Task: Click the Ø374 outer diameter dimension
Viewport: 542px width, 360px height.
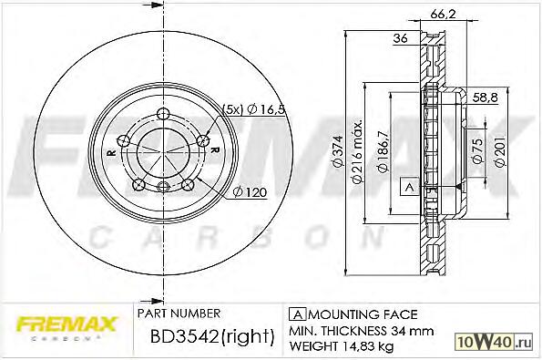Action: click(x=338, y=152)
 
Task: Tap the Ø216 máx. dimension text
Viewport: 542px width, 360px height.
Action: click(x=357, y=151)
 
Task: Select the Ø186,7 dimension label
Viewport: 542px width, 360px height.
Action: click(x=383, y=151)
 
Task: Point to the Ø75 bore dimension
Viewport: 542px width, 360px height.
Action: click(x=477, y=150)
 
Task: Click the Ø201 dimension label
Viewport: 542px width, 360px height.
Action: click(x=500, y=151)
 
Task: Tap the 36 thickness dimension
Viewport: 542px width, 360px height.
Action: click(x=400, y=38)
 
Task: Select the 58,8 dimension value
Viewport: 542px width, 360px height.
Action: click(x=486, y=98)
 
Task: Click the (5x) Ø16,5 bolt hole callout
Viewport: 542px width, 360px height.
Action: click(x=253, y=109)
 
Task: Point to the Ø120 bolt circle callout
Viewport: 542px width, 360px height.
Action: click(x=250, y=192)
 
